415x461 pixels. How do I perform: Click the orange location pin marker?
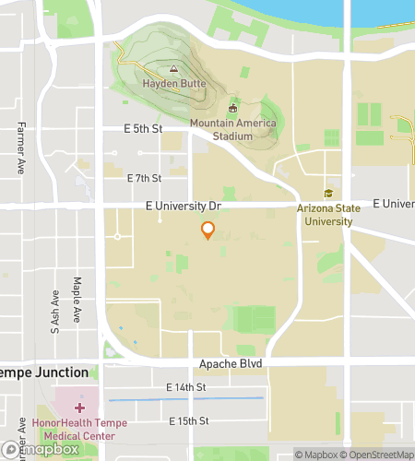pyautogui.click(x=208, y=230)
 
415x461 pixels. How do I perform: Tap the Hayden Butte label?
pyautogui.click(x=172, y=84)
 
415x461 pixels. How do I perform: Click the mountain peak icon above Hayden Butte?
pyautogui.click(x=172, y=69)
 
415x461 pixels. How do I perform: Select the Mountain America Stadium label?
pyautogui.click(x=220, y=130)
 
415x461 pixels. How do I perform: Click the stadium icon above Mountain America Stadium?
pyautogui.click(x=232, y=109)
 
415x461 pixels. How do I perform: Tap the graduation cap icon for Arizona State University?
pyautogui.click(x=328, y=193)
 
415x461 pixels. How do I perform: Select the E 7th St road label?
pyautogui.click(x=144, y=178)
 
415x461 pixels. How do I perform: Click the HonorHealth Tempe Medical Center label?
pyautogui.click(x=79, y=430)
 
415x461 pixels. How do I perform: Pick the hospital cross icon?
pyautogui.click(x=80, y=407)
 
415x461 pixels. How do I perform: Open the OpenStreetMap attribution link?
pyautogui.click(x=375, y=454)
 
